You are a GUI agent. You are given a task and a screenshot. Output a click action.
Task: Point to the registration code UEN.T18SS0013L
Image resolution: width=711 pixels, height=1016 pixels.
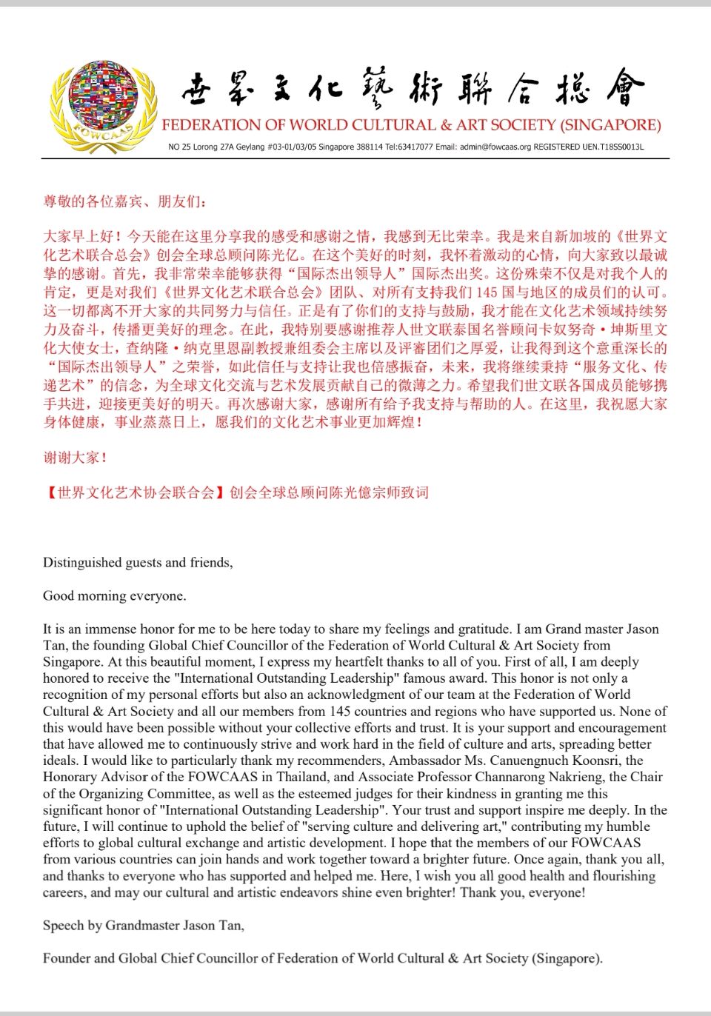[x=613, y=147]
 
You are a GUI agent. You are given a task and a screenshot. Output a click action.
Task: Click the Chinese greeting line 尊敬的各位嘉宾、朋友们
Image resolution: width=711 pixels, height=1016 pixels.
[x=125, y=201]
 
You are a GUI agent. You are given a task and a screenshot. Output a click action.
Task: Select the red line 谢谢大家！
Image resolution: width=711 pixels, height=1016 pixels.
[x=75, y=458]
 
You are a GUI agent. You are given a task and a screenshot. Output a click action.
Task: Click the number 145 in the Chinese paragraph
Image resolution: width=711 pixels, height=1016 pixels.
[x=487, y=293]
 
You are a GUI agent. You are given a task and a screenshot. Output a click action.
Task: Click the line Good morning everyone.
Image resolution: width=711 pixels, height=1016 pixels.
[x=115, y=596]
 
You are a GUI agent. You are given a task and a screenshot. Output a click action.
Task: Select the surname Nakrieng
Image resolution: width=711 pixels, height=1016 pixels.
[x=575, y=777]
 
